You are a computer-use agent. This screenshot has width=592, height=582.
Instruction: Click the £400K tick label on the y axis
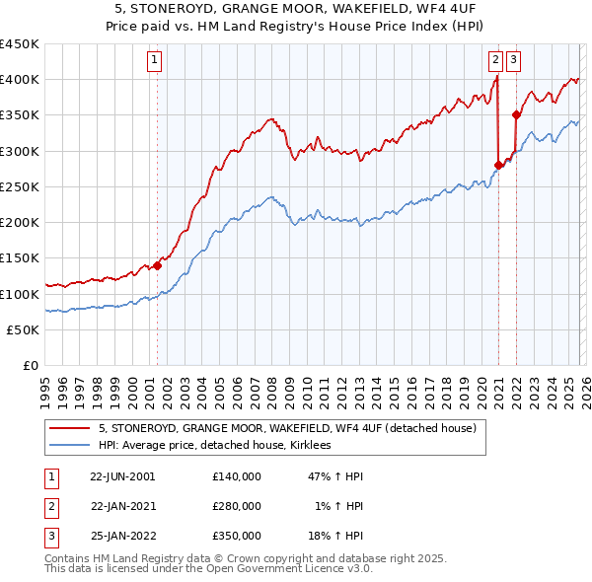click(x=20, y=80)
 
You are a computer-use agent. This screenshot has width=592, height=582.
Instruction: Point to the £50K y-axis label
click(x=24, y=330)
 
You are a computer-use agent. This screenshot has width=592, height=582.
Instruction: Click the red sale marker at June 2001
click(x=157, y=265)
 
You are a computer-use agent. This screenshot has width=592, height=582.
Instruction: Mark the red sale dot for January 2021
click(x=498, y=165)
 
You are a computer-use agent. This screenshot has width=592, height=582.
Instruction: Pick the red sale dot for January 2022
click(x=516, y=114)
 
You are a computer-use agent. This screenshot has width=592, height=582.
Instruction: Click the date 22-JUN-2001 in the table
click(x=122, y=475)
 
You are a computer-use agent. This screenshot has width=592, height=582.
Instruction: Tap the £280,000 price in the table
click(x=237, y=506)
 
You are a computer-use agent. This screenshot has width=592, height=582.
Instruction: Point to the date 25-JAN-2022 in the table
click(x=122, y=537)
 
